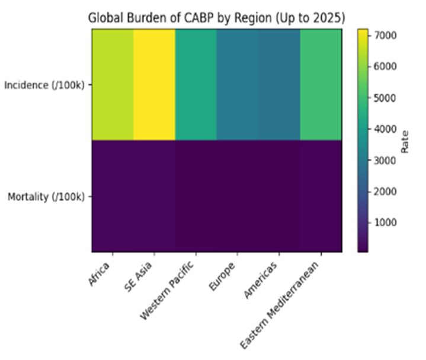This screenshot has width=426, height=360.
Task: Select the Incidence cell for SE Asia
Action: pyautogui.click(x=154, y=84)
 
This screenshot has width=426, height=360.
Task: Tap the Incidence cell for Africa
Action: pyautogui.click(x=113, y=84)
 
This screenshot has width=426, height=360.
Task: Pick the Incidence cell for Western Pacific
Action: pyautogui.click(x=196, y=84)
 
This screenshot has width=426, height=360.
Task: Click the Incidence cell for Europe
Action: pyautogui.click(x=237, y=84)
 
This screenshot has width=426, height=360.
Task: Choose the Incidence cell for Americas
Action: pyautogui.click(x=279, y=84)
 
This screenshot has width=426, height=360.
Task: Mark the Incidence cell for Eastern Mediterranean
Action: pyautogui.click(x=321, y=84)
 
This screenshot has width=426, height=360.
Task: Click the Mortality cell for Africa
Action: pyautogui.click(x=113, y=196)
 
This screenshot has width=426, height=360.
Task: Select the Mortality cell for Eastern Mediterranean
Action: pyautogui.click(x=321, y=196)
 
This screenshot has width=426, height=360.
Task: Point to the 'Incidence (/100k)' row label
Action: pyautogui.click(x=46, y=85)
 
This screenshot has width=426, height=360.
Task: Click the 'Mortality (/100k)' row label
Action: pyautogui.click(x=47, y=196)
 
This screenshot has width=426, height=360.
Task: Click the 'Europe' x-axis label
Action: pyautogui.click(x=223, y=276)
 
